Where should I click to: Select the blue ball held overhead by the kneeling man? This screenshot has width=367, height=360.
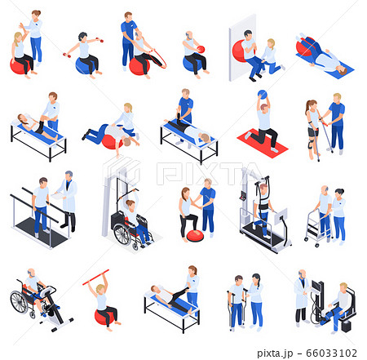point(263,95)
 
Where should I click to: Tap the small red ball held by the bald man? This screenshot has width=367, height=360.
point(199,48)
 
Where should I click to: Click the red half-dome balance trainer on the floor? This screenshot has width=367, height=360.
point(195,236)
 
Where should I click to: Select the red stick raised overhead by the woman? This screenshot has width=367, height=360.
point(95,277)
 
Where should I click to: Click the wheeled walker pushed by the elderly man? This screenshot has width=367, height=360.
point(315,228)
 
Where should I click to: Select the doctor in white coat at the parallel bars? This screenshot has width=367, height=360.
point(68,199)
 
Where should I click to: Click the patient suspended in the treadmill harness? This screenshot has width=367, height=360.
point(262,203)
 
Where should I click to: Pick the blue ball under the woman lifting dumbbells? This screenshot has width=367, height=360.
point(83,66)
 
